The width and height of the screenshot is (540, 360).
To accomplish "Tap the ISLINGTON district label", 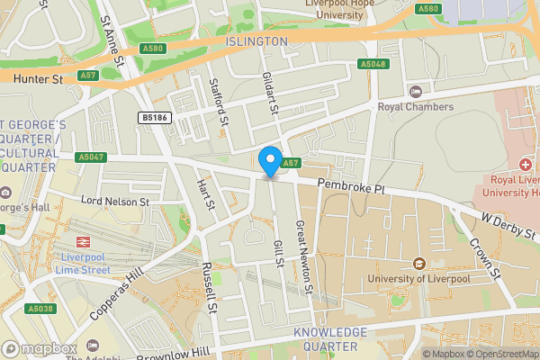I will [x=257, y=41].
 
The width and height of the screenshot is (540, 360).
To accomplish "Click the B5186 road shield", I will [x=153, y=118].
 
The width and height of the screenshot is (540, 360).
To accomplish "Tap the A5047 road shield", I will [x=92, y=157].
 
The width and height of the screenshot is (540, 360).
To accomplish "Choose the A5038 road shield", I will [x=40, y=309].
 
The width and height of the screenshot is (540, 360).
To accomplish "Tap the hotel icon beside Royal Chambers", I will [x=415, y=91].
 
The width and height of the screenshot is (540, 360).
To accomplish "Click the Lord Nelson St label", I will [x=114, y=202].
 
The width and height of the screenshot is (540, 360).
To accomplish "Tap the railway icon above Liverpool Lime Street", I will [x=82, y=242].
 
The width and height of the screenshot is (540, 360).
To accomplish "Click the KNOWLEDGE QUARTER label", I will [x=330, y=339].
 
